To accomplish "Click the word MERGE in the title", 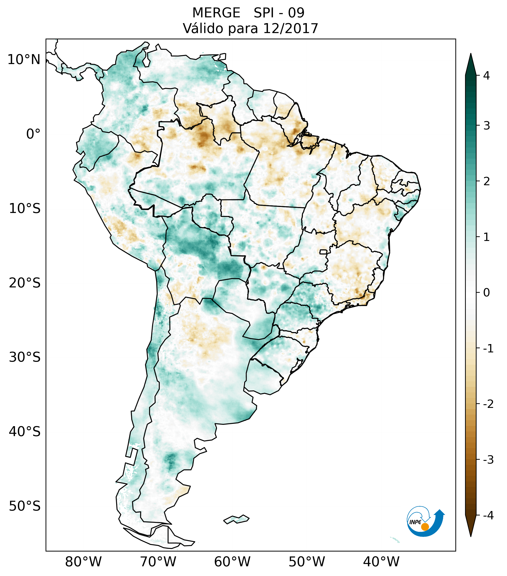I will click(x=216, y=13).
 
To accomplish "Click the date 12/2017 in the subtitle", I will click(x=291, y=28).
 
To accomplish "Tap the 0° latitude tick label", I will click(x=33, y=134).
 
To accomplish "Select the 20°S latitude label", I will click(x=25, y=283).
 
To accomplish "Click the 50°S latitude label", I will click(x=25, y=506).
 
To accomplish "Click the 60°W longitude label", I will click(x=232, y=562).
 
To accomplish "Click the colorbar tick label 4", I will click(x=486, y=76).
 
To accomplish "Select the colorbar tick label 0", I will click(x=486, y=293).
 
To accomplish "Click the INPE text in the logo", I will click(x=415, y=522).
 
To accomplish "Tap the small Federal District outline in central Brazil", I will click(x=323, y=252).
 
